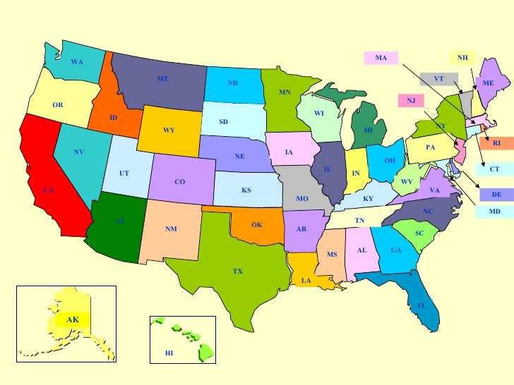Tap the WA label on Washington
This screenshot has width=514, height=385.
(x=77, y=63)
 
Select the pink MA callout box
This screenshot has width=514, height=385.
(x=381, y=57)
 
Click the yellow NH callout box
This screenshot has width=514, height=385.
(x=462, y=58)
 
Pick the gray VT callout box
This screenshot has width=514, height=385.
(x=438, y=79)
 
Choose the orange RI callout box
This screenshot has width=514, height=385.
(x=496, y=143)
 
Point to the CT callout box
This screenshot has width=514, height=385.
(x=494, y=169)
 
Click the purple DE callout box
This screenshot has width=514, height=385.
(x=496, y=194)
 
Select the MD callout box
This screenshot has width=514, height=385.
(x=495, y=211)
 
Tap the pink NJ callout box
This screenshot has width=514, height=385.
(x=410, y=100)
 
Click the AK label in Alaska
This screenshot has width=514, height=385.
(x=73, y=319)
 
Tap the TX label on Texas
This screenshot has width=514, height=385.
(x=238, y=271)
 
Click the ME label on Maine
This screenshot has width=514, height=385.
(x=488, y=83)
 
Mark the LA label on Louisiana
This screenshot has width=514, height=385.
(x=306, y=281)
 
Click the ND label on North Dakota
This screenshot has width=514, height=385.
(x=232, y=83)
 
